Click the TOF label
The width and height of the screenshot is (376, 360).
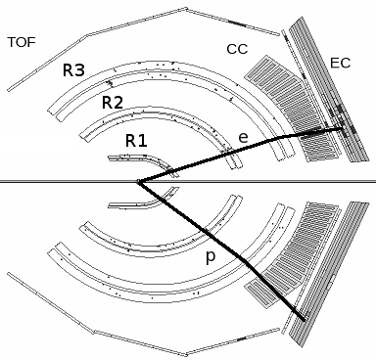(23, 42)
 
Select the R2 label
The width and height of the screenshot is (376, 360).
(113, 102)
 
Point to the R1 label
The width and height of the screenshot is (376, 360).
(136, 140)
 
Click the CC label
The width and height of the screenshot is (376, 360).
(237, 49)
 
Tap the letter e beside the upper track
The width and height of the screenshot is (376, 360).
(243, 138)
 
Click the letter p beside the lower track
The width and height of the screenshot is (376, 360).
(209, 257)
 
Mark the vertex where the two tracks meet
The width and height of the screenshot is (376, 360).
(139, 181)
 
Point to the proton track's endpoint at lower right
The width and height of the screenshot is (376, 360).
(303, 319)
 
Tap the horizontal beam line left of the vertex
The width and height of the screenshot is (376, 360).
(59, 181)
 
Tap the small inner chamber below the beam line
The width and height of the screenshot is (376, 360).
(132, 202)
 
